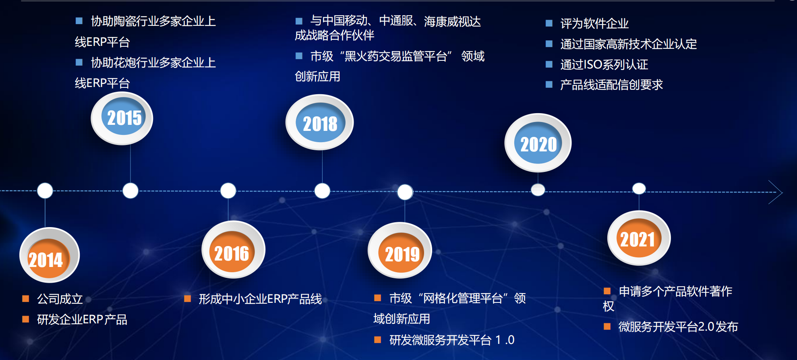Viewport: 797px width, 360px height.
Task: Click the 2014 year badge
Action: pos(49,255)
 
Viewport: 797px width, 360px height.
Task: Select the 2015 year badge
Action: pos(122,118)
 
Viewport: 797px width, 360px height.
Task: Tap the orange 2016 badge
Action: pos(233,250)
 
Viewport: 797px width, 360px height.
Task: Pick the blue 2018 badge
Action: pos(319,122)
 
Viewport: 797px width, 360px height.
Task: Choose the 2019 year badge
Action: pos(400,250)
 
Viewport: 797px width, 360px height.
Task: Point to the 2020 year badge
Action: pos(538,143)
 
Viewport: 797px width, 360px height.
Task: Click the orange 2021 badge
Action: pos(639,238)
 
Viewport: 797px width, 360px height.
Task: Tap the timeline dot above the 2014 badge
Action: pos(45,190)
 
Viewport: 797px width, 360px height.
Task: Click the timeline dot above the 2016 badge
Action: pos(228,190)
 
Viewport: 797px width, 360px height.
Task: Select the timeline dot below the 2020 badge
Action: pos(538,190)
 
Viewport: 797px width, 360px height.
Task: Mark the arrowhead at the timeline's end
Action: pos(781,192)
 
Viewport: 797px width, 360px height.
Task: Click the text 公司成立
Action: pos(60,299)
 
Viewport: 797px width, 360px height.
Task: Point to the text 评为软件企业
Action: pos(594,23)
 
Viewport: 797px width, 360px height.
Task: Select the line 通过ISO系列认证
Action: pos(604,64)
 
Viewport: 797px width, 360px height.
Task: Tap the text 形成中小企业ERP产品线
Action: pos(260,299)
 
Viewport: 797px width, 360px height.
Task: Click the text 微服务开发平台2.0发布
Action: pos(678,327)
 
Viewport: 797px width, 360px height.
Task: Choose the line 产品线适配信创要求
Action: pos(611,85)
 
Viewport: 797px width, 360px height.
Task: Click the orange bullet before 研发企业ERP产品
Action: pos(26,319)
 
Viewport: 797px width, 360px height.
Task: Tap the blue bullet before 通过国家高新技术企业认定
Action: pos(549,43)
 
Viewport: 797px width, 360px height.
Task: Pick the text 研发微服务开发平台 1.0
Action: pos(452,340)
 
